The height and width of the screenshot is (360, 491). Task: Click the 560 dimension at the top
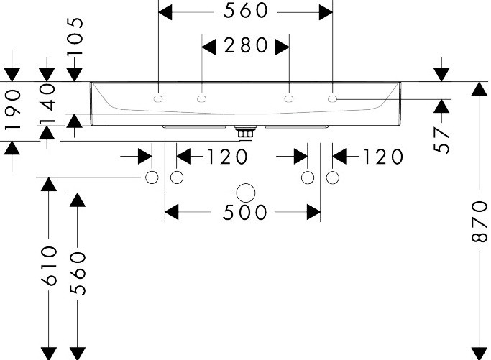[x=246, y=11]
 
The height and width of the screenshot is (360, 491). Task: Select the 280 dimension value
[x=246, y=45]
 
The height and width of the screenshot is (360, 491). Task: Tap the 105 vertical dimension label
[x=75, y=36]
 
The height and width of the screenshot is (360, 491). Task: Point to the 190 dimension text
[x=13, y=110]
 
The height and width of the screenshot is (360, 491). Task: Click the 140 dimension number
[x=47, y=103]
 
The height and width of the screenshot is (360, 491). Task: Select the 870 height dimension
[x=479, y=222]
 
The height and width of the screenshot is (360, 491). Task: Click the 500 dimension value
[x=245, y=213]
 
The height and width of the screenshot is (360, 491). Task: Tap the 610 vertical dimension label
[x=49, y=266]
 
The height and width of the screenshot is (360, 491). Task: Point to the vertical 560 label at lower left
[x=78, y=273]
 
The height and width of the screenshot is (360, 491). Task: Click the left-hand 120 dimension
[x=228, y=157]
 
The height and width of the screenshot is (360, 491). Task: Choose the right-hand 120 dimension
[x=383, y=157]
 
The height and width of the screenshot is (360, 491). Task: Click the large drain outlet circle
[x=246, y=193]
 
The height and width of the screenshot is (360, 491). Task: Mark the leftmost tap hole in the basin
[x=158, y=99]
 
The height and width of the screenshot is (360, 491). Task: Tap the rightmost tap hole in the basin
[x=333, y=99]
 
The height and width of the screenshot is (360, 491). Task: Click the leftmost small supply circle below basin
[x=152, y=177]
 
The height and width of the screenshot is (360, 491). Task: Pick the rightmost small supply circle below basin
[x=333, y=177]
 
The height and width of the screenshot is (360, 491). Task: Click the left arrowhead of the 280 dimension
[x=209, y=47]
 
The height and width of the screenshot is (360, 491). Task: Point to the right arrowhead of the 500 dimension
[x=313, y=212]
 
